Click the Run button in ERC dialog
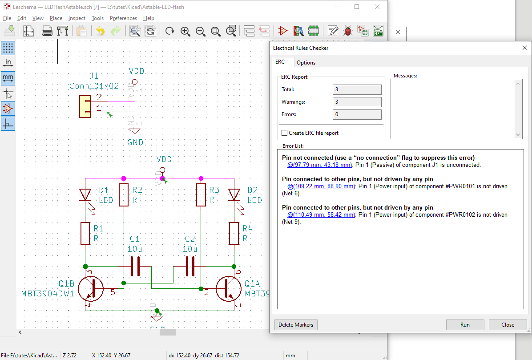pos(465,325)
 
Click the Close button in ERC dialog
pos(508,325)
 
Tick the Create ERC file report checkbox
pos(285,133)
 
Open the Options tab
pos(306,63)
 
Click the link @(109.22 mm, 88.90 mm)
pos(321,186)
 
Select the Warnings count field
pos(357,102)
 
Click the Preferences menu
pos(123,18)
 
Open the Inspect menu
pos(77,18)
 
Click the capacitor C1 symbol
pos(135,267)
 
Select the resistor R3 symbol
pos(201,195)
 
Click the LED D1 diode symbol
pos(85,195)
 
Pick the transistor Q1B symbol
pos(91,288)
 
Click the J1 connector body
pos(85,107)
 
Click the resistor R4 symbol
pos(234,233)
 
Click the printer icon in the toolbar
pos(47,31)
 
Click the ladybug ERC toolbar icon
pos(348,31)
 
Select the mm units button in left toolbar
pos(8,78)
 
